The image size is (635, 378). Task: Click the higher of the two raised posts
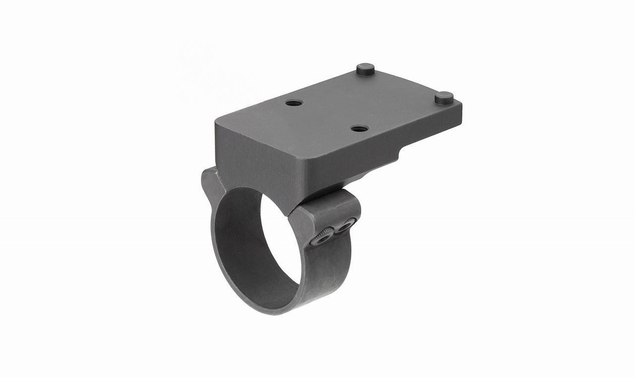[x=366, y=69]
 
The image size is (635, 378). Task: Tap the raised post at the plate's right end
[x=444, y=97]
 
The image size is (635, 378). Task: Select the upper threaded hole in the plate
[x=294, y=103]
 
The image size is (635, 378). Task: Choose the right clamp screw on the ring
[x=344, y=227]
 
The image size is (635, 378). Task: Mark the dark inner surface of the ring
[x=238, y=238]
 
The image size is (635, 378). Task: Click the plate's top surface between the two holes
[x=327, y=115]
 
